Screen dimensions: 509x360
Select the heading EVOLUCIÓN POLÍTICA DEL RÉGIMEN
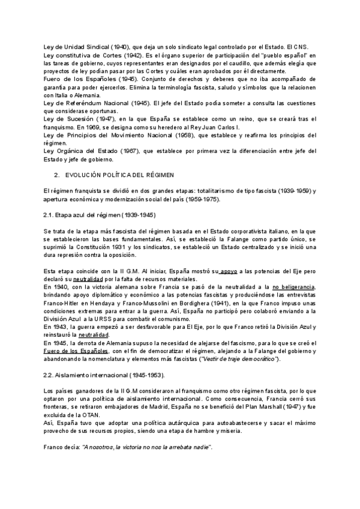(x=120, y=175)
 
